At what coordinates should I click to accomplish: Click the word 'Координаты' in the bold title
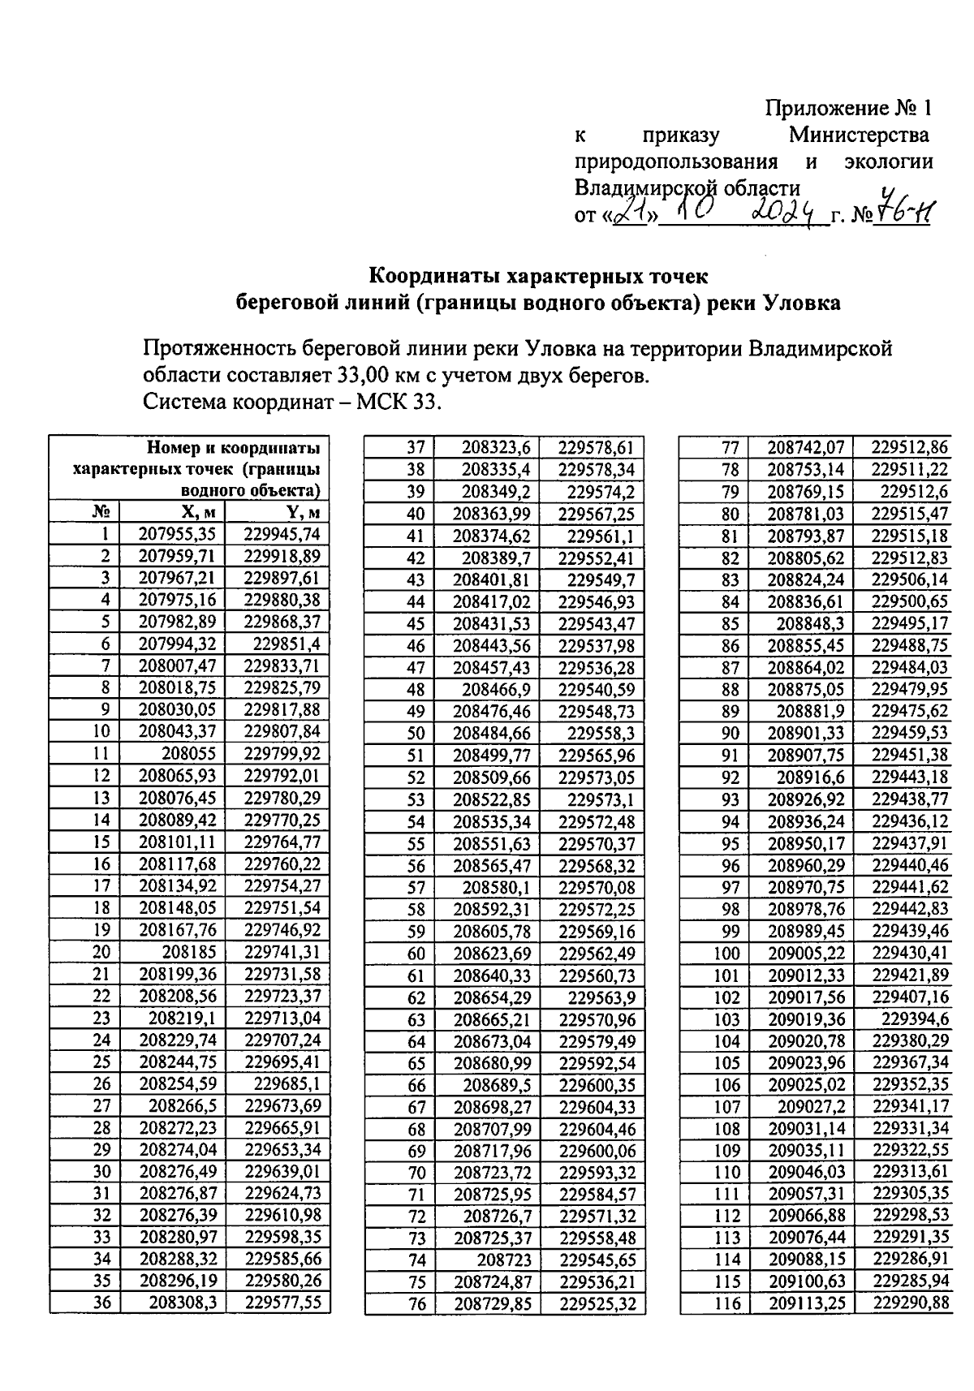pos(434,276)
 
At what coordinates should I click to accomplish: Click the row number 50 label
pos(416,734)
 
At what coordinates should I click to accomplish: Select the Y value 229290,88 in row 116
pos(911,1304)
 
